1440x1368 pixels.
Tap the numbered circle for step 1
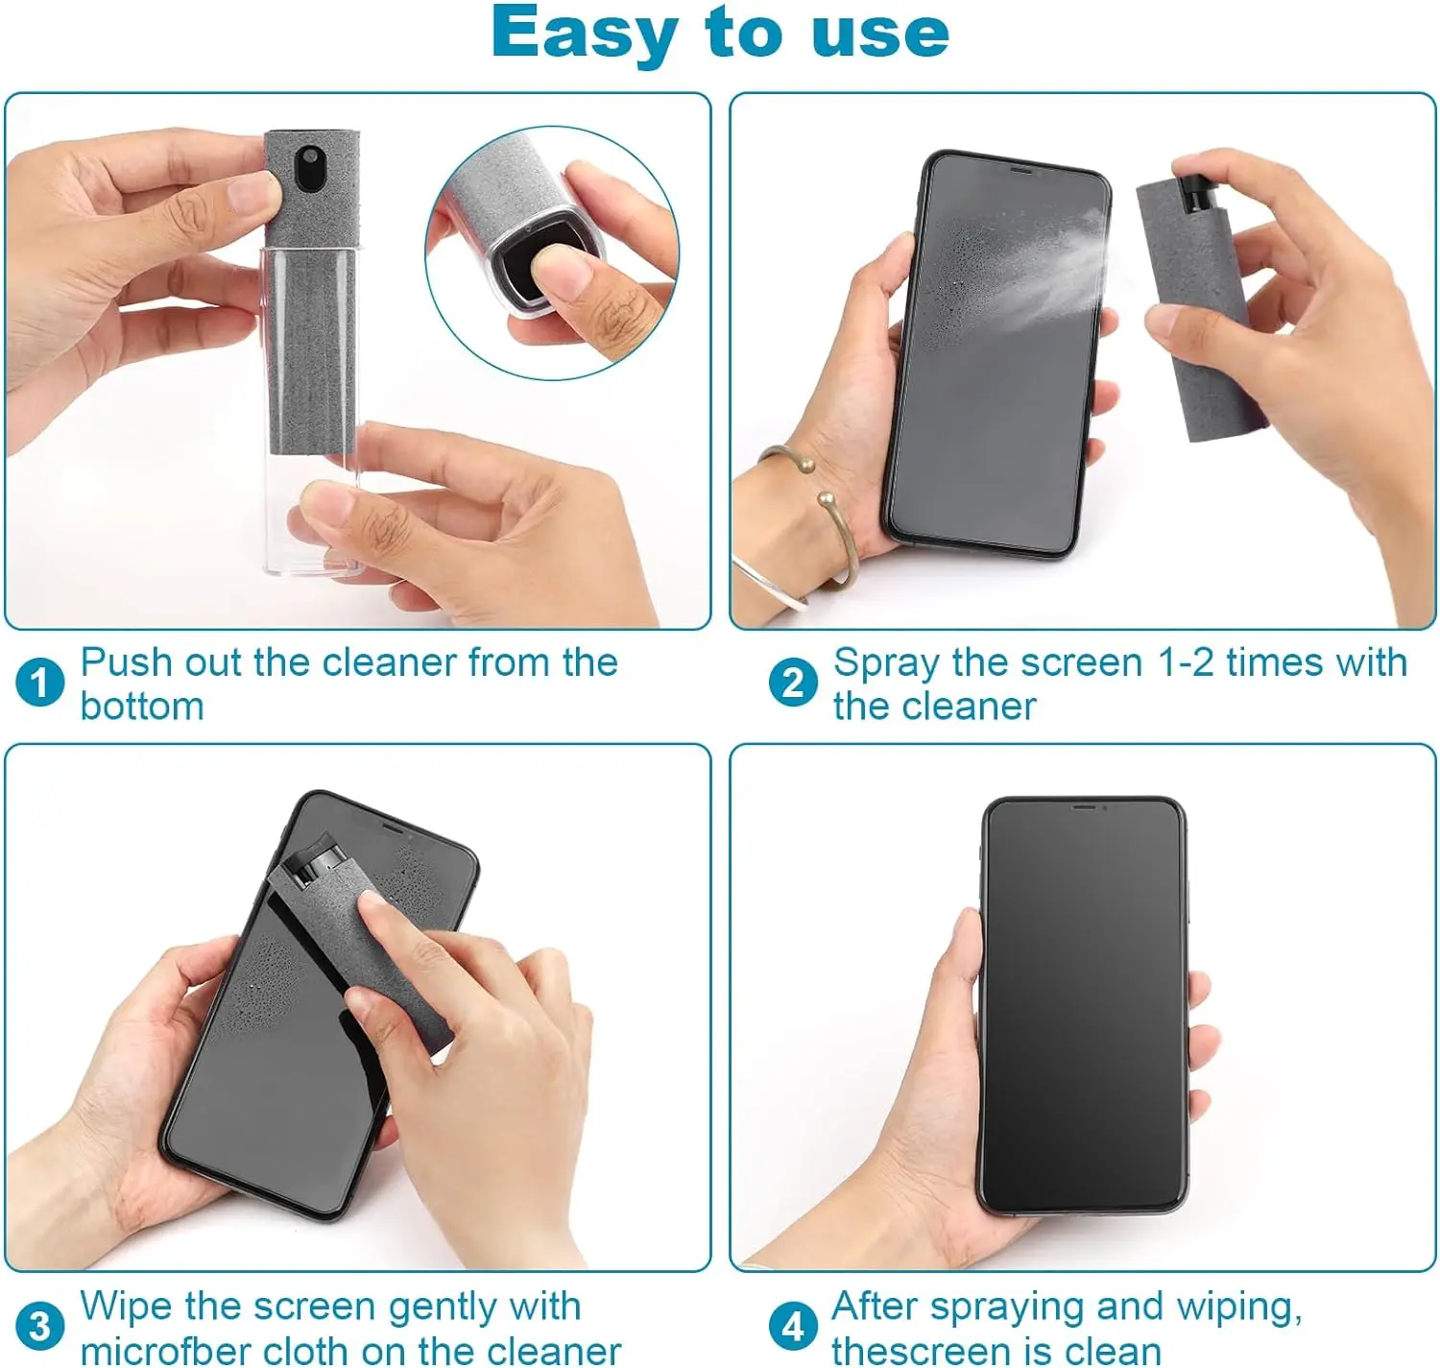coord(39,684)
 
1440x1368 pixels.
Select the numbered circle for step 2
coord(793,684)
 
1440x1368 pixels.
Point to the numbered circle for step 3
coord(39,1327)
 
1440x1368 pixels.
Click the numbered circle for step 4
coord(793,1327)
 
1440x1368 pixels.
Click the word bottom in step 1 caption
coord(142,708)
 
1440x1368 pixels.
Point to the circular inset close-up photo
coord(552,252)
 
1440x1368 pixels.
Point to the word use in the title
coord(879,35)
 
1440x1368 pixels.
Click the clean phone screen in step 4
coord(1083,1008)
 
